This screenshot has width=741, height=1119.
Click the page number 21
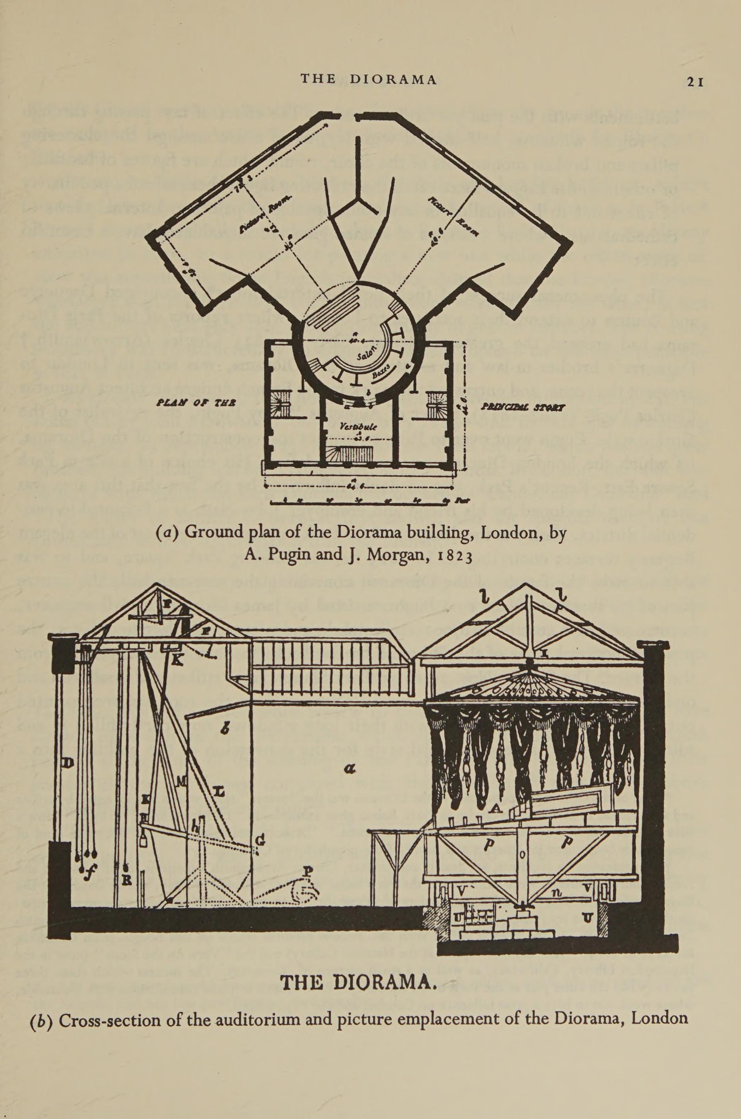coord(696,82)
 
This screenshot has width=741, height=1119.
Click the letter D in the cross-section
coord(67,762)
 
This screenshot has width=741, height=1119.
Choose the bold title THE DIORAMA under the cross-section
coord(358,981)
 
